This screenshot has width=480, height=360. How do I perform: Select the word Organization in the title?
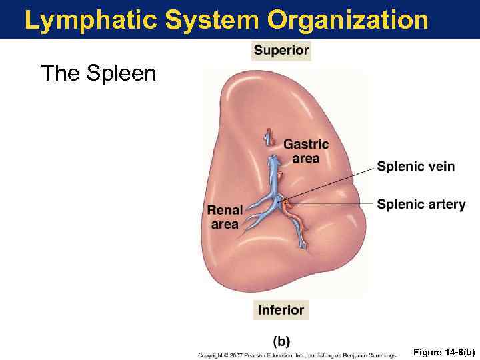(347, 20)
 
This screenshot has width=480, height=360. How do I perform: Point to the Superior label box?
(281, 50)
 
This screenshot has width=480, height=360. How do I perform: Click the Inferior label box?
(281, 310)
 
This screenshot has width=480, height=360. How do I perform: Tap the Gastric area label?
(306, 151)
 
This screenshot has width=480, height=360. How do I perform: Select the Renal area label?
(225, 217)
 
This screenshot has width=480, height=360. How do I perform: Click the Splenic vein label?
(415, 166)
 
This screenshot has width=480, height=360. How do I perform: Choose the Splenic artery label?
(421, 204)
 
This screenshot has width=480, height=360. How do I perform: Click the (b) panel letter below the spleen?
(281, 341)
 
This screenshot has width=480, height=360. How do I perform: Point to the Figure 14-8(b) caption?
(443, 351)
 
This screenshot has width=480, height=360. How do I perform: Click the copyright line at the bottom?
(297, 355)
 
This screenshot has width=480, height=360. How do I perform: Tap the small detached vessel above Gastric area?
(269, 137)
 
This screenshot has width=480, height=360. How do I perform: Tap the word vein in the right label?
(441, 166)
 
